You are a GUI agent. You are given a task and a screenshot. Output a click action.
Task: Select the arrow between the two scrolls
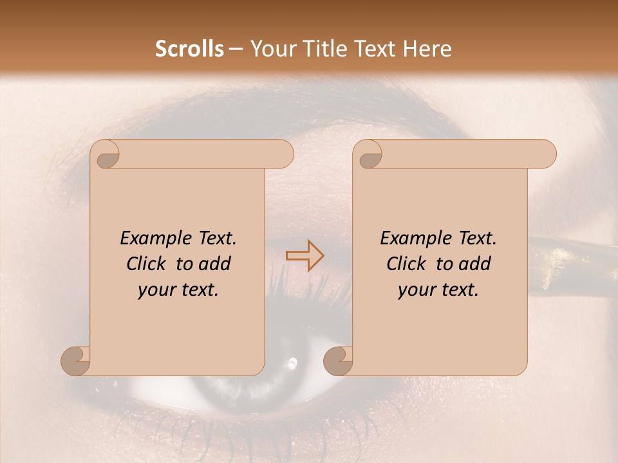click(x=304, y=256)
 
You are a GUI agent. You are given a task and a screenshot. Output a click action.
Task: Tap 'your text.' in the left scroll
click(x=178, y=290)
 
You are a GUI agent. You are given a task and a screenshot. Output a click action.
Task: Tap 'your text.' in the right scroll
click(x=438, y=290)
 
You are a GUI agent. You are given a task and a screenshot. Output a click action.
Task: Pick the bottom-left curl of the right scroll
click(x=339, y=359)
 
